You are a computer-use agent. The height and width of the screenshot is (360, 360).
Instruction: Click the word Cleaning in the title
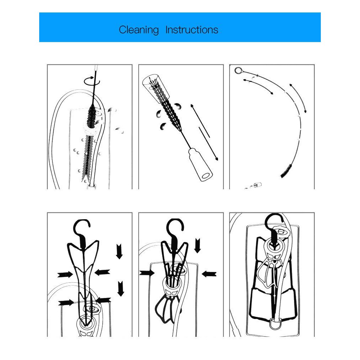point(139,30)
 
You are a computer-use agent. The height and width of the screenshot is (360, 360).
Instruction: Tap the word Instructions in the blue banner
point(192,30)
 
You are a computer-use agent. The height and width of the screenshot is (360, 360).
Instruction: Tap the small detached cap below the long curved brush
point(257,185)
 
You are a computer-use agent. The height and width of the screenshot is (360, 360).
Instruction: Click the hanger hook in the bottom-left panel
point(82,228)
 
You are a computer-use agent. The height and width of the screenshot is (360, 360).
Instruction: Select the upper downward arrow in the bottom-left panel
point(119,252)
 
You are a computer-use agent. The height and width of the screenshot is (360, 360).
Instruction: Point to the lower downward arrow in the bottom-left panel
point(121,288)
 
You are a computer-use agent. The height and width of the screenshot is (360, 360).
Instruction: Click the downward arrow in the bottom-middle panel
point(197,245)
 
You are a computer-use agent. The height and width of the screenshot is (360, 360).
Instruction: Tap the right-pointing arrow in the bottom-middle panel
point(147,273)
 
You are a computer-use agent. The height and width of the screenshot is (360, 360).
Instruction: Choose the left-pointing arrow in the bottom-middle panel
point(209,274)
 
